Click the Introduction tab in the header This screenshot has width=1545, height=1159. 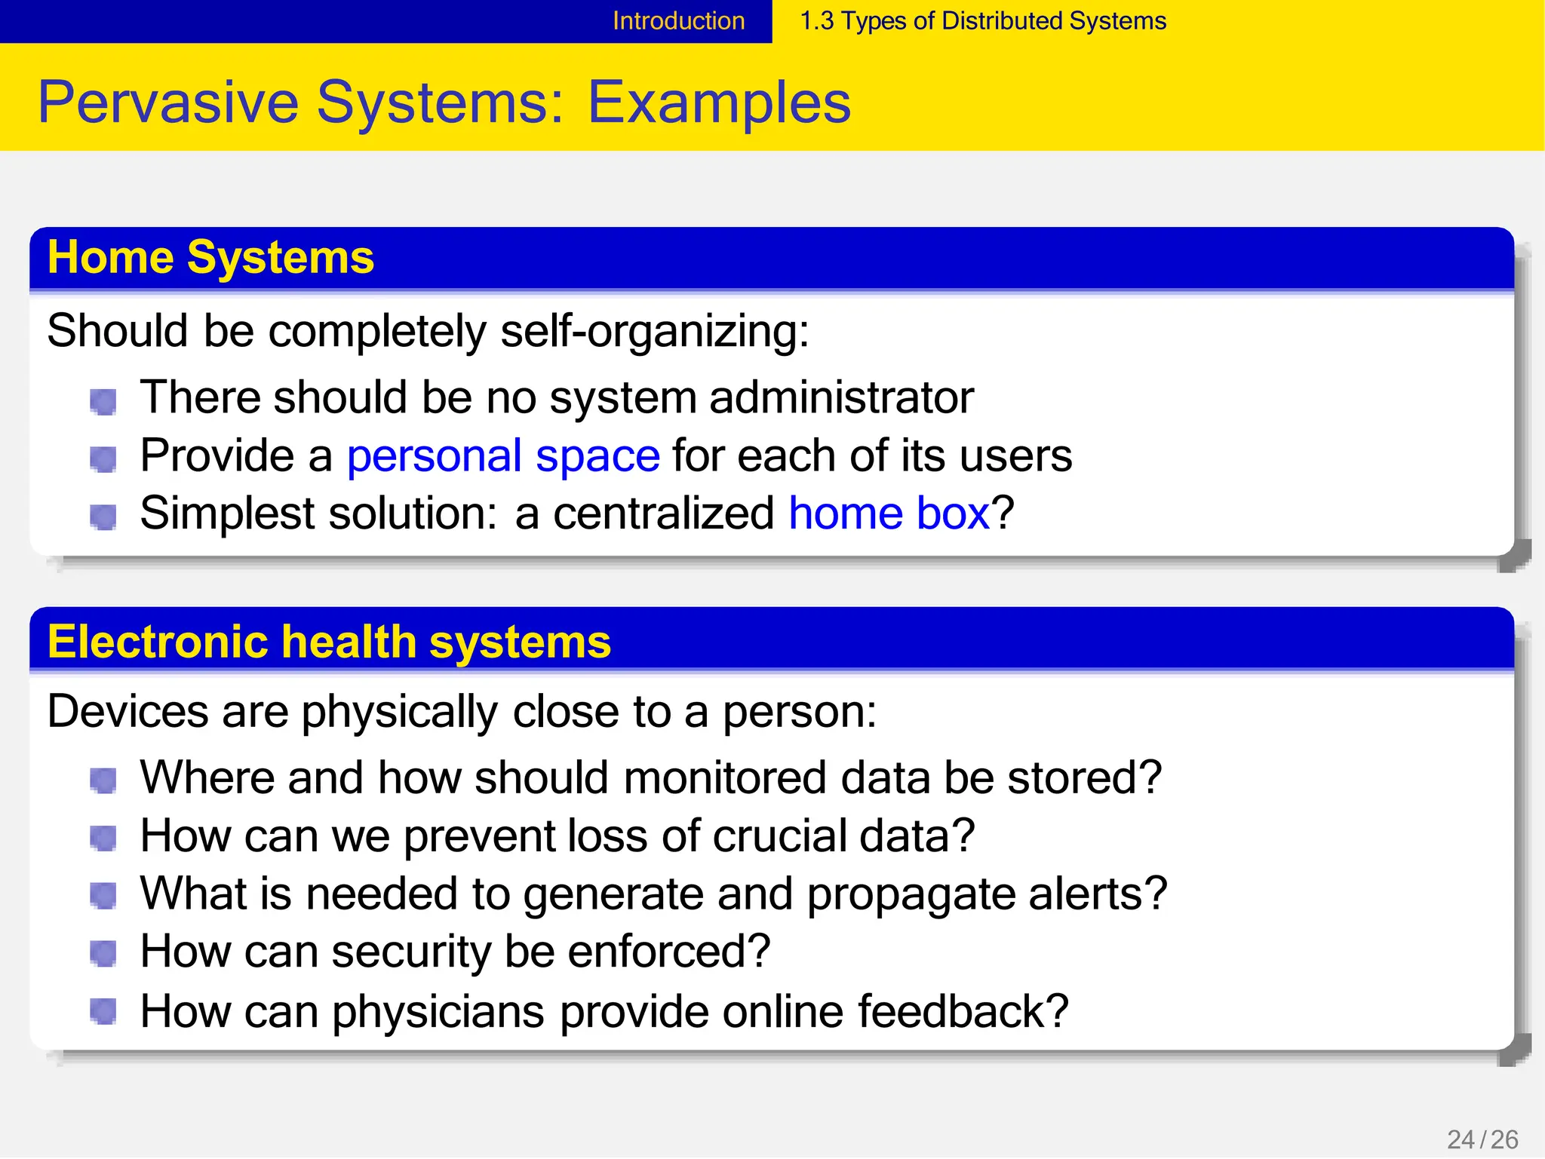678,21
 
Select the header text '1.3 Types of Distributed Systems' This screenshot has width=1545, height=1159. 982,21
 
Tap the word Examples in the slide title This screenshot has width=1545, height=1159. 719,103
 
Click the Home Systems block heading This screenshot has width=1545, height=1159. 210,257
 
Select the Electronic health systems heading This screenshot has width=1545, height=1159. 329,642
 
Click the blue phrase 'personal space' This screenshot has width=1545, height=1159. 503,455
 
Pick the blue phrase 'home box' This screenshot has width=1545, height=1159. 889,514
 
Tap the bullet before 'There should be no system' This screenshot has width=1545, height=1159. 103,401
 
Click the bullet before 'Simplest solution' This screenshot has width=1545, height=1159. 103,517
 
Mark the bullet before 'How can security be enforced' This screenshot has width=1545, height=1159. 103,954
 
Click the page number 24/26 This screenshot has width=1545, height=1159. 1482,1139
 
